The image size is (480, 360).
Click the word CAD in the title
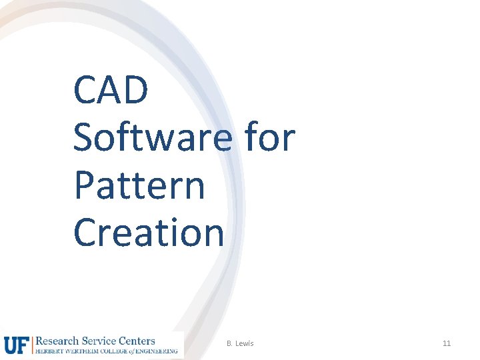(111, 91)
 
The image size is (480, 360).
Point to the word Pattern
(139, 186)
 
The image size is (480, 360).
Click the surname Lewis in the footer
(244, 343)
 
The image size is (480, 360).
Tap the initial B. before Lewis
(229, 343)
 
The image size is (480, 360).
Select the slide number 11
(447, 343)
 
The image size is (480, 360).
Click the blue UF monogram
(16, 344)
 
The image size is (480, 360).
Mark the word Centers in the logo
(137, 341)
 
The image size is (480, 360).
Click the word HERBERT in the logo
(49, 351)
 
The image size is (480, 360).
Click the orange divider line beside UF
(31, 344)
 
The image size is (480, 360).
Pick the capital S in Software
(84, 138)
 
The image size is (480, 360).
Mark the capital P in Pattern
(84, 186)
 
